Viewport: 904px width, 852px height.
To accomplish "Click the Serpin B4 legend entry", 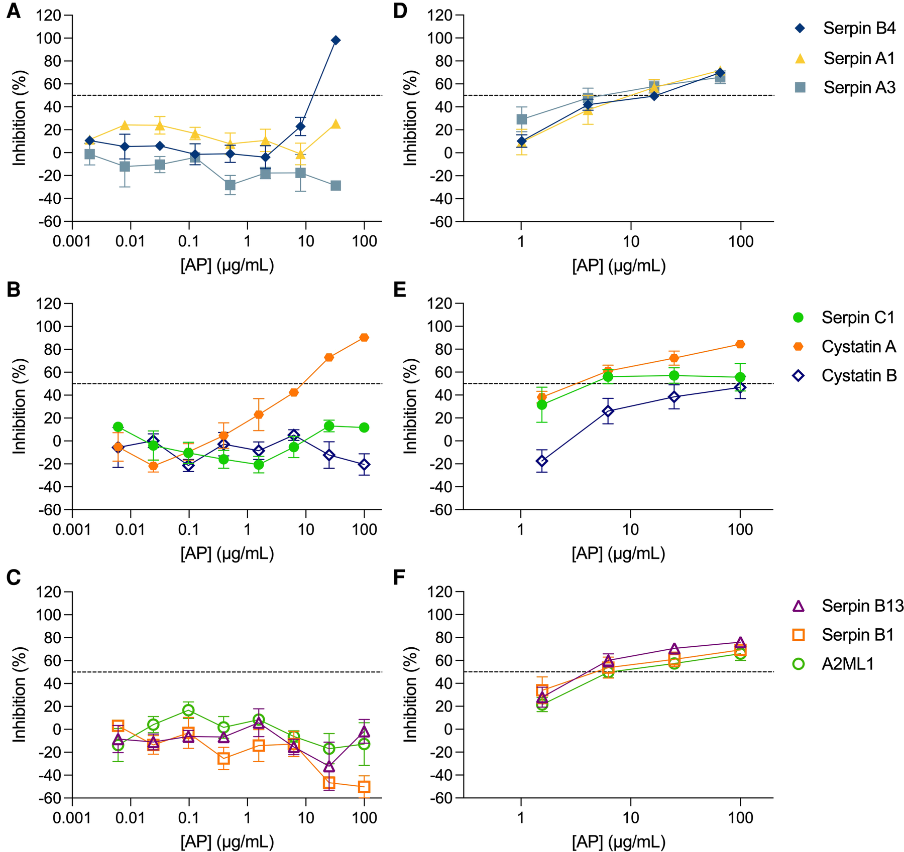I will (x=859, y=29).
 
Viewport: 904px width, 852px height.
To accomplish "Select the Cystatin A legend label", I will (x=859, y=347).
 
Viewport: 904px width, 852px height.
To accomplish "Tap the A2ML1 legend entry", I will (x=848, y=664).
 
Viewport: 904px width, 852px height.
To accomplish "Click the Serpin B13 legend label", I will (x=862, y=606).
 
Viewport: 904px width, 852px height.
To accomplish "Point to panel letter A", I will (x=14, y=11).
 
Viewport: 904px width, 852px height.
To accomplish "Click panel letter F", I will (x=399, y=578).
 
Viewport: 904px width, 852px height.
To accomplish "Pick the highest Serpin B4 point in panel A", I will (x=336, y=40).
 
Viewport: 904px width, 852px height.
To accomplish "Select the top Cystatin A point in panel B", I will (x=364, y=338).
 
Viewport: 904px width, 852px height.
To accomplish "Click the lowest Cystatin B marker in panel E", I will (x=542, y=461).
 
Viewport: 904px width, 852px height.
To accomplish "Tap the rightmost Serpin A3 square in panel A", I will (x=336, y=186).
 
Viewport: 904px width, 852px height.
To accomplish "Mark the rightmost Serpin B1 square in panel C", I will (x=364, y=787).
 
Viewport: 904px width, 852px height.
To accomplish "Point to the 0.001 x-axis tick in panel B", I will (x=72, y=529).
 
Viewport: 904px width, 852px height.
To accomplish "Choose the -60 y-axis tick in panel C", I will (x=48, y=798).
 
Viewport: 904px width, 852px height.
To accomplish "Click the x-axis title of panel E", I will (x=618, y=553).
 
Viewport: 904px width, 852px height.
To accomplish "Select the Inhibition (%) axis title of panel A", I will (x=19, y=118).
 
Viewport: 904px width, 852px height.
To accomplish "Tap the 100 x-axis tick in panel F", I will (x=740, y=817).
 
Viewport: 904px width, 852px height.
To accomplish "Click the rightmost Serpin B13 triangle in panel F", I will (x=740, y=643).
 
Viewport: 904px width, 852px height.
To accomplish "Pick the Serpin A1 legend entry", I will (x=859, y=58).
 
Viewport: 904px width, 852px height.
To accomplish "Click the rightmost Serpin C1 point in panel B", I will (x=364, y=428).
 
